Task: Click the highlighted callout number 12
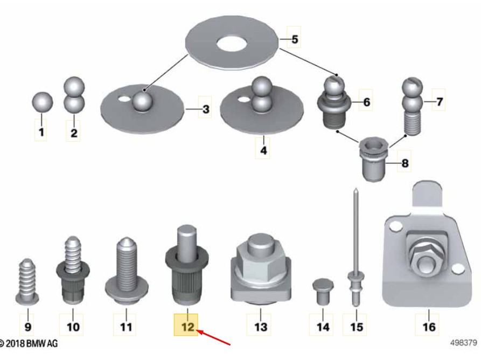(x=188, y=327)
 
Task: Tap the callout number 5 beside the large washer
(x=295, y=39)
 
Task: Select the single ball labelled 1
(x=43, y=102)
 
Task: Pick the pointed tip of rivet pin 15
(x=355, y=189)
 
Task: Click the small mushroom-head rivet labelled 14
(x=323, y=291)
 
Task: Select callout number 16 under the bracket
(x=429, y=327)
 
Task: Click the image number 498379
(x=464, y=343)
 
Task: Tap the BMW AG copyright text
(x=29, y=343)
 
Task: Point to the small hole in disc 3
(x=124, y=99)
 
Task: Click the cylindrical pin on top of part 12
(x=187, y=244)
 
